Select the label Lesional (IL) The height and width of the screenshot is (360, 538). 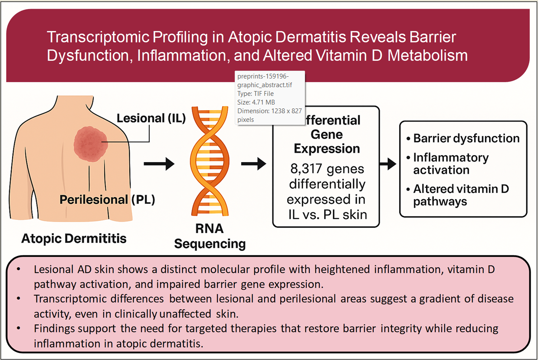pos(151,118)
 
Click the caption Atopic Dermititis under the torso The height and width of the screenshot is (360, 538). pos(74,238)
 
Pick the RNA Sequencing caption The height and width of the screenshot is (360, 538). pos(210,236)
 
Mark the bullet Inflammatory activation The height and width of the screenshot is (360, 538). pos(450,164)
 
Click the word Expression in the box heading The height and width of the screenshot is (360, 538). pos(327,148)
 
